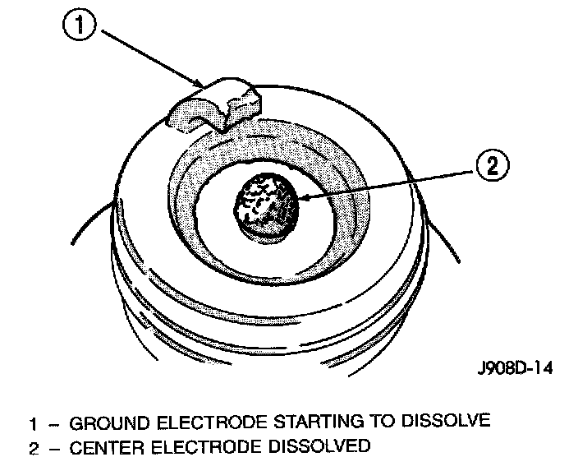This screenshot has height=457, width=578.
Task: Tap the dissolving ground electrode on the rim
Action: point(212,105)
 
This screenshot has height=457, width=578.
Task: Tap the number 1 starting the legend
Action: point(33,425)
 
